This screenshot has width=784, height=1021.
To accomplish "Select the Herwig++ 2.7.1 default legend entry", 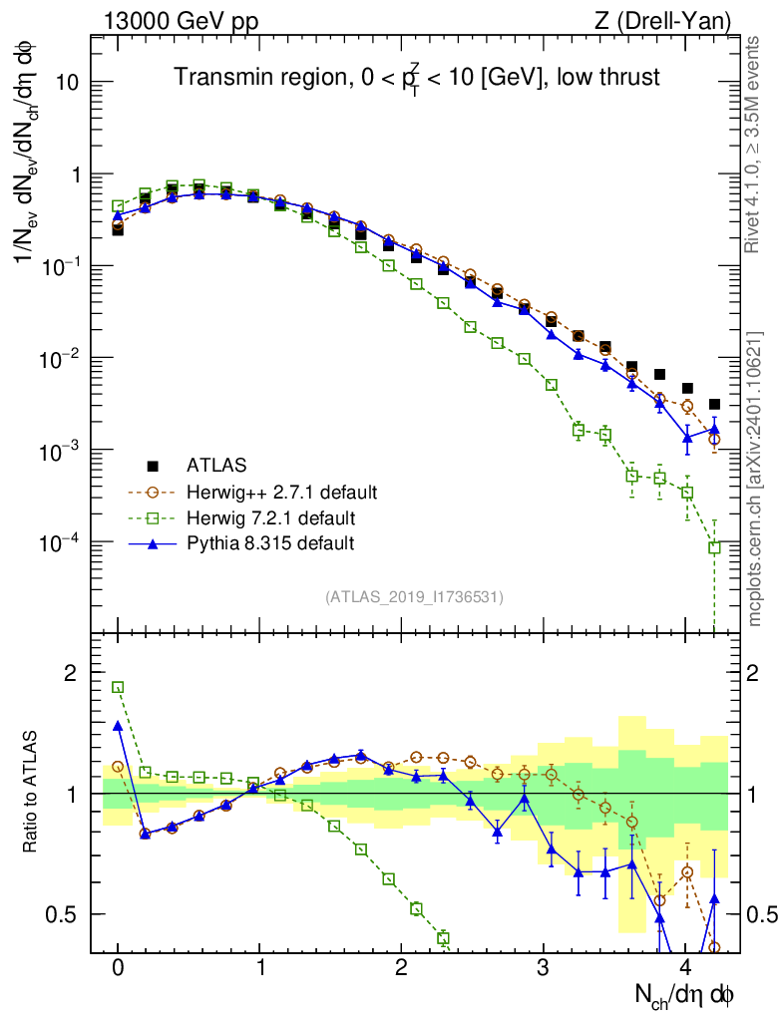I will coord(280,492).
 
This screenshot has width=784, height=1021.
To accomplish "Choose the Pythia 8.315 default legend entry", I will coord(270,543).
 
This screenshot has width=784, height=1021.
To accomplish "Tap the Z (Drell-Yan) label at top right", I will coord(662,19).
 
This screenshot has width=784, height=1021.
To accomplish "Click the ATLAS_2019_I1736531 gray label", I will coord(414,597).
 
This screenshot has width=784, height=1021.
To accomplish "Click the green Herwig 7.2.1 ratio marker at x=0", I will coord(118,687).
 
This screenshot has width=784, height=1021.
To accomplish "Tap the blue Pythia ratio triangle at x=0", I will coord(118,726).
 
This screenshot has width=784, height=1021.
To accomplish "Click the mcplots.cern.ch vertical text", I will coord(756,479).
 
